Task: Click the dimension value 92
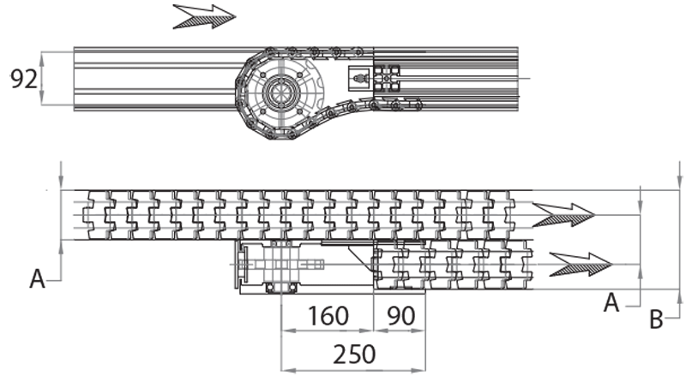(24, 80)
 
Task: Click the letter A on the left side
(37, 278)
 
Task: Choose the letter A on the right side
(611, 301)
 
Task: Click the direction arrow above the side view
(204, 16)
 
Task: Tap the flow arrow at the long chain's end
(563, 212)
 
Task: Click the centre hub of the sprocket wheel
(279, 89)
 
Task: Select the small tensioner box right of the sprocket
(360, 79)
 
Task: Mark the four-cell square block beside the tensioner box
(389, 79)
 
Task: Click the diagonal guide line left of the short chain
(359, 261)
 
